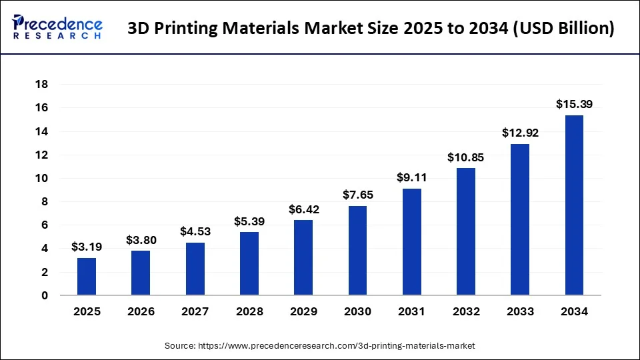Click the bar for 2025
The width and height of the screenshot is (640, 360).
tap(87, 277)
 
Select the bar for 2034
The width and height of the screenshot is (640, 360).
tap(574, 205)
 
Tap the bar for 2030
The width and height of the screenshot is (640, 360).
tap(357, 251)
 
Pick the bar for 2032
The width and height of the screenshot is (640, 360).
tap(466, 231)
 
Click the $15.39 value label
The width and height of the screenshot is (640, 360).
tap(574, 104)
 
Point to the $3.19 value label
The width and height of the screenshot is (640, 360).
tap(87, 247)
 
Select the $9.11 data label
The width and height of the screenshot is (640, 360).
tap(411, 177)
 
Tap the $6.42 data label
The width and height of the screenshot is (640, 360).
tap(303, 209)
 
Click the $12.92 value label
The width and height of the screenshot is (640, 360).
tap(520, 133)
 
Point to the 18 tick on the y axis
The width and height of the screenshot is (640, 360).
tap(41, 85)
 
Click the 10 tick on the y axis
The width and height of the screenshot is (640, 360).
tap(41, 179)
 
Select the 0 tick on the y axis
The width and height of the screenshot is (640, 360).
tap(45, 295)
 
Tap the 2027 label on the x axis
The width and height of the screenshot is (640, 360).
tap(195, 311)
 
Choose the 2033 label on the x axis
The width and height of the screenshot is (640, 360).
tap(520, 311)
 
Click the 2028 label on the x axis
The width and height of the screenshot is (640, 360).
tap(249, 311)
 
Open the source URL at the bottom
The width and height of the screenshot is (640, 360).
tap(320, 346)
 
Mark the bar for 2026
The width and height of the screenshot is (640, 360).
tap(141, 273)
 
